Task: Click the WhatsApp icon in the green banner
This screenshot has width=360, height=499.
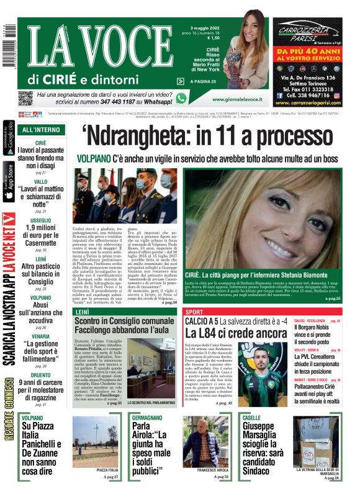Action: tap(181, 98)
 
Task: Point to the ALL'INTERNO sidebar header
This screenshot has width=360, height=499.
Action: tap(41, 130)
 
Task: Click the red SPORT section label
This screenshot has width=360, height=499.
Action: tap(194, 311)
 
